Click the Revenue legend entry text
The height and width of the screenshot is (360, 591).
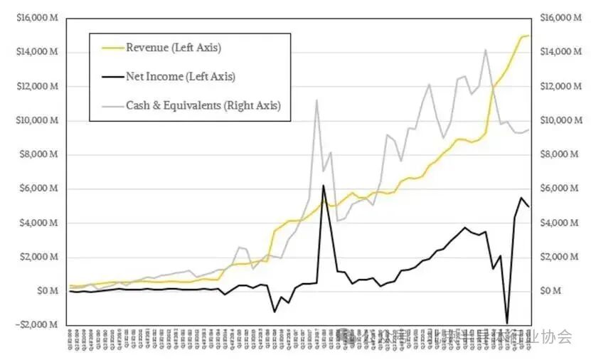[x=173, y=48]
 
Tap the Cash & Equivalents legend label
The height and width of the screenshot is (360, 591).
[x=203, y=105]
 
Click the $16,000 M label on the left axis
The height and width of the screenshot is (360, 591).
[x=38, y=18]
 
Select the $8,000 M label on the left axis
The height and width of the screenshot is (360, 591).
[x=39, y=154]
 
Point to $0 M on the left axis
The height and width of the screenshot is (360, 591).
[x=46, y=291]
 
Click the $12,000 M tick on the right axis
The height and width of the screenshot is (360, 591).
[x=556, y=86]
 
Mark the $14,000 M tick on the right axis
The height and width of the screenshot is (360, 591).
[x=556, y=52]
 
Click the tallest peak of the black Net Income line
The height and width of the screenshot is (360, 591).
[x=324, y=186]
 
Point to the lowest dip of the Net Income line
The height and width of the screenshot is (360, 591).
[x=507, y=323]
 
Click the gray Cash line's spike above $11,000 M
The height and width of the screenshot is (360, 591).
[x=316, y=100]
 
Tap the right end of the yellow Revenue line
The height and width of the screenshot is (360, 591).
[x=529, y=36]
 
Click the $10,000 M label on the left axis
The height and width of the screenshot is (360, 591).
[x=38, y=120]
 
